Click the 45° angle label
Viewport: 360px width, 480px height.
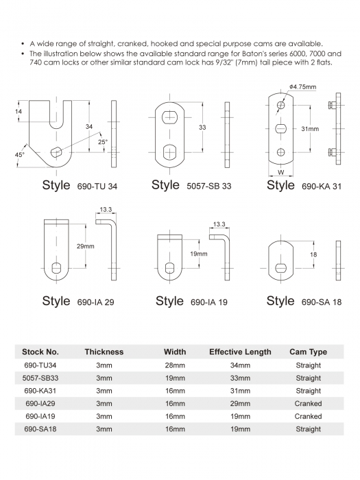click(20, 155)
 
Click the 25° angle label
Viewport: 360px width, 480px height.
click(103, 142)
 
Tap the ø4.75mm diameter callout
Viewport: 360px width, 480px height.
click(302, 87)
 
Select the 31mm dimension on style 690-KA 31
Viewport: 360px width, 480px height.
click(310, 129)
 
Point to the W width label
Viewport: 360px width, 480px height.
click(280, 172)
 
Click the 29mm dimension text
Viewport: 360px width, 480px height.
click(86, 246)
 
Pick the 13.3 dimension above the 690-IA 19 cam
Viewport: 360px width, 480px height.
click(219, 224)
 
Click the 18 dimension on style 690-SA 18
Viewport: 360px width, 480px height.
click(313, 254)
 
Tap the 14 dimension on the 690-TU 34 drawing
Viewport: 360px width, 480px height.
click(19, 111)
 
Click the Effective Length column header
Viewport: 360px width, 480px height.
click(240, 352)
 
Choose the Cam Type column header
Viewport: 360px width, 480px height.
click(309, 352)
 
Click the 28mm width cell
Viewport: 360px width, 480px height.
click(175, 365)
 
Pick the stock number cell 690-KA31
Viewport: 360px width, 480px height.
click(40, 391)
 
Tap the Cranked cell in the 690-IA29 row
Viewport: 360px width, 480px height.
click(309, 404)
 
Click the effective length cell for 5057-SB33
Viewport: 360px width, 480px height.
click(240, 378)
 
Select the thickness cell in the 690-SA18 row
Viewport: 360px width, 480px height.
click(104, 429)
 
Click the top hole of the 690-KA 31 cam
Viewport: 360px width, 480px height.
click(280, 106)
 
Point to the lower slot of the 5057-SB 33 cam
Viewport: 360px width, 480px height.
click(169, 152)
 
